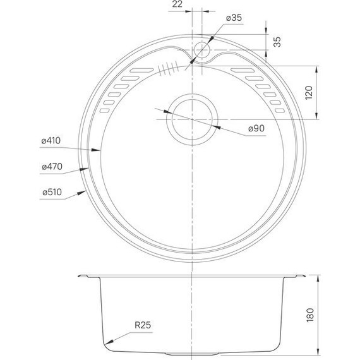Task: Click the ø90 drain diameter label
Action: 255,128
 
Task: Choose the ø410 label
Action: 50,141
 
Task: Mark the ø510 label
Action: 50,192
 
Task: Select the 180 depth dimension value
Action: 309,314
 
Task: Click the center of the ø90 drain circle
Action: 190,119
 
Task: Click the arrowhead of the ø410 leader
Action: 100,150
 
